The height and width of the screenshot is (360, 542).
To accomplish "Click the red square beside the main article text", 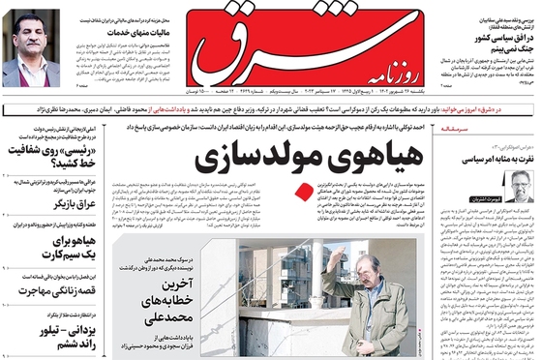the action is tap(306, 190).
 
